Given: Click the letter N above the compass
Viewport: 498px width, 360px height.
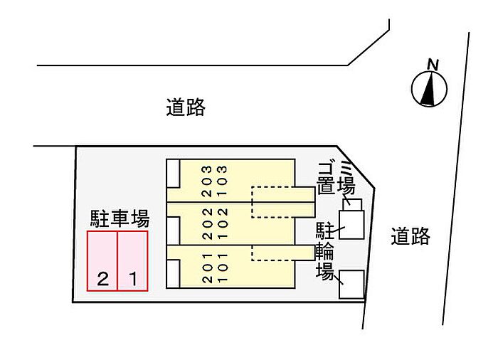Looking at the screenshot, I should coord(431,65).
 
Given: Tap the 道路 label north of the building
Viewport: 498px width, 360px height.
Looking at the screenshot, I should coord(186,107).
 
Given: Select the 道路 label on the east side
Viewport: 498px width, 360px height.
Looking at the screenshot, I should coord(410,236).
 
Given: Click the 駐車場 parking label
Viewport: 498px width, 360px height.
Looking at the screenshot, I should coord(119,217).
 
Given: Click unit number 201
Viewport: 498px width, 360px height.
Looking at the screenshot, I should coord(206,269).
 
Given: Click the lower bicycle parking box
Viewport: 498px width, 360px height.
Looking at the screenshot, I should coord(351,284).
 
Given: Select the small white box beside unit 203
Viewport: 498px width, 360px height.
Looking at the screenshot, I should coord(173,174).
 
